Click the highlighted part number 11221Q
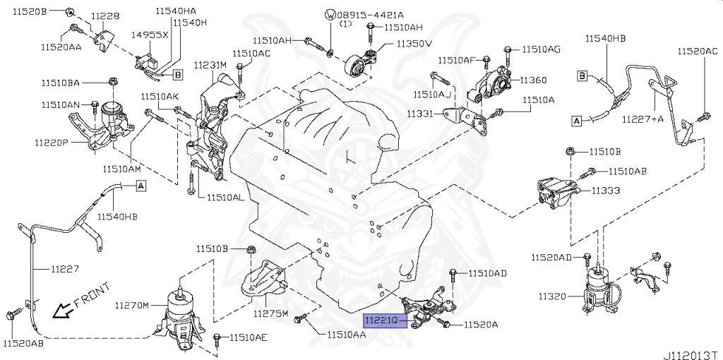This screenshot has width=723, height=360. coord(385,320)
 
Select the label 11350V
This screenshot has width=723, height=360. coord(413,44)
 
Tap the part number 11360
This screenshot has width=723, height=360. coord(533,80)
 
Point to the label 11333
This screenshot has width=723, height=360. coord(605,191)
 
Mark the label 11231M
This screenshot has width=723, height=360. coord(210,65)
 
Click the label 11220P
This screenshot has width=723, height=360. coord(52,143)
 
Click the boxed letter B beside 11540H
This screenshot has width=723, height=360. coord(177,74)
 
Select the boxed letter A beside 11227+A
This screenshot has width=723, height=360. coord(576,121)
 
